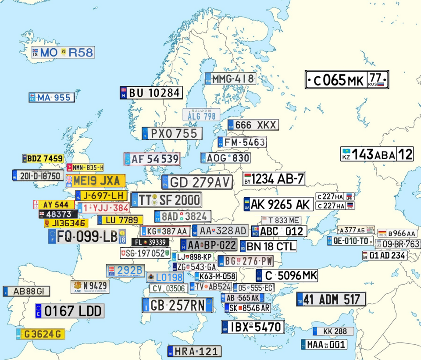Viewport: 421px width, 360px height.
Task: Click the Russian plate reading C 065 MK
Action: coord(347,80)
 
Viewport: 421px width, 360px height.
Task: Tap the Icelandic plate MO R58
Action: coord(63,53)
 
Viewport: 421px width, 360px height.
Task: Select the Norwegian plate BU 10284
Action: coord(151,93)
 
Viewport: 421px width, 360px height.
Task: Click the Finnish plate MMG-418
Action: coord(231,78)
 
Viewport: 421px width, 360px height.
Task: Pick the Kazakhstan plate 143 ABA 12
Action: coord(377,154)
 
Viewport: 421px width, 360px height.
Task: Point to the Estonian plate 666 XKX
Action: coord(253,125)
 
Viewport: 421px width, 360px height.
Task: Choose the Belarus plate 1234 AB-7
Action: coord(274,178)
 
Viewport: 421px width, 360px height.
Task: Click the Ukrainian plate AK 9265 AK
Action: coord(278,204)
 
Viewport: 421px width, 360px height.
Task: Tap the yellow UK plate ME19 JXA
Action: coord(95,181)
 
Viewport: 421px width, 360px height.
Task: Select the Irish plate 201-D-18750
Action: coord(38,175)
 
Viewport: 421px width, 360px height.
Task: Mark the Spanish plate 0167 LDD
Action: coord(70,311)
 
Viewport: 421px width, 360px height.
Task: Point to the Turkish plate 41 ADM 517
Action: coord(331,299)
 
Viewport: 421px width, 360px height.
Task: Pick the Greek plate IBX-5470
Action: coord(253,327)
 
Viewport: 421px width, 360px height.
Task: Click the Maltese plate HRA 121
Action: coord(194,351)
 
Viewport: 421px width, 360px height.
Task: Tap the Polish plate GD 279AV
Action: coord(196,182)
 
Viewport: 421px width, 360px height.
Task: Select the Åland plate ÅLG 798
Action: coord(201,115)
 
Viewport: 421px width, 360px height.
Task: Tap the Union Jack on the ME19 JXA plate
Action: coord(69,181)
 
